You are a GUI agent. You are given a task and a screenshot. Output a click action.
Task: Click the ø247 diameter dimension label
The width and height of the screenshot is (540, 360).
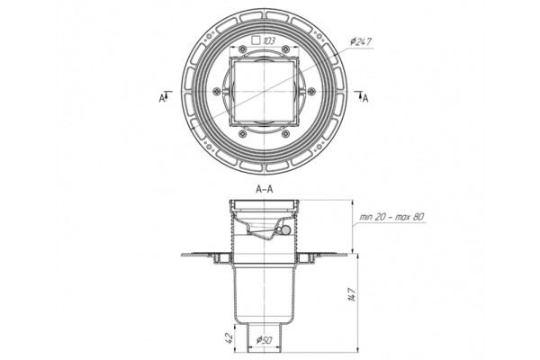361,42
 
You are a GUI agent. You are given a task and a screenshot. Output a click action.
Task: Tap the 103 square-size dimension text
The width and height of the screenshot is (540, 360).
269,41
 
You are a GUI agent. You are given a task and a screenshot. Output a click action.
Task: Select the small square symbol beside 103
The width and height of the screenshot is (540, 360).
256,40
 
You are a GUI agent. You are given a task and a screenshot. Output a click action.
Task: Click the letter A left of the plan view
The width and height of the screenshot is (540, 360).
161,98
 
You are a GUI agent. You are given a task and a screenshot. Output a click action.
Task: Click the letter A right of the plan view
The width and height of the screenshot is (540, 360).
365,98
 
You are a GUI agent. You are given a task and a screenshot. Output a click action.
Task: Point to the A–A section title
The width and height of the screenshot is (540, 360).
264,189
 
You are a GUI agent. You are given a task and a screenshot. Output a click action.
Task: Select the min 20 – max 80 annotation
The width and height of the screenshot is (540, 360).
391,217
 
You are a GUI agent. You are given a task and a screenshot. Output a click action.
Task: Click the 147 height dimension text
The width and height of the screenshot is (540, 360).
352,294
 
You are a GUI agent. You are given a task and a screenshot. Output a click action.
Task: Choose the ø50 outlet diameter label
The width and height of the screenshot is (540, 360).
264,340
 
